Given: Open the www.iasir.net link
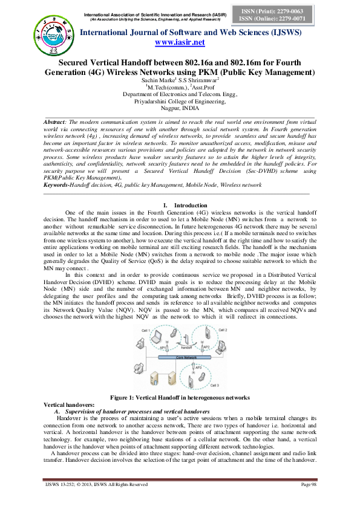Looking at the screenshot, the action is click(180, 42).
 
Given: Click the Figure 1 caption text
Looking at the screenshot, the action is click(180, 397).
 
